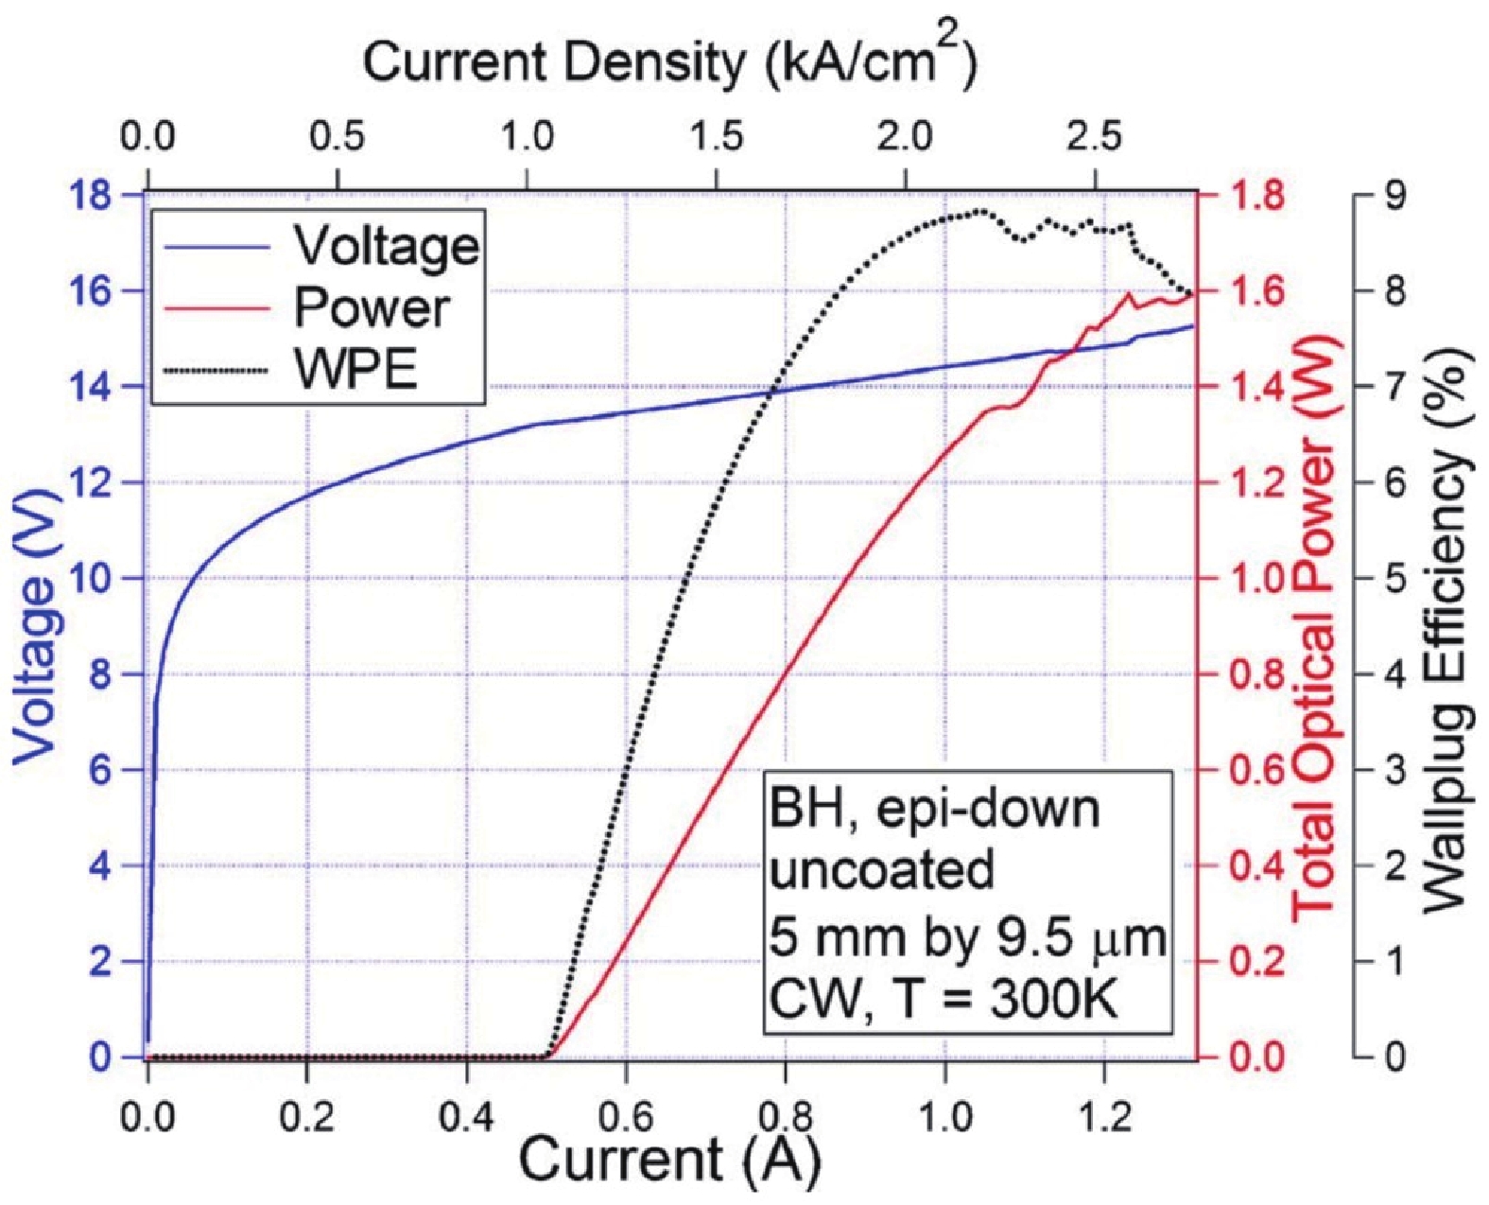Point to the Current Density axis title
coord(670,63)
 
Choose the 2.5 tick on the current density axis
coord(1096,139)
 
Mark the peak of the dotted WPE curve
coord(980,210)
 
